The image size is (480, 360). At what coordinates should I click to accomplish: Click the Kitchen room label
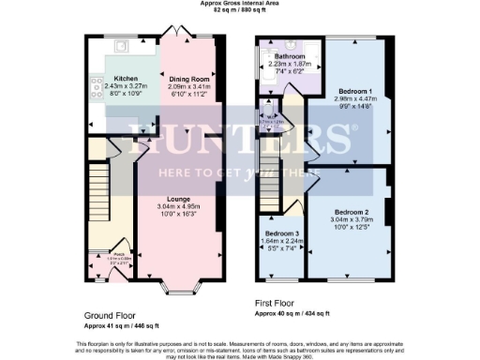point(127,79)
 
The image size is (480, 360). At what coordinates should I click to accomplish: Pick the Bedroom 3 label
point(282,233)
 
